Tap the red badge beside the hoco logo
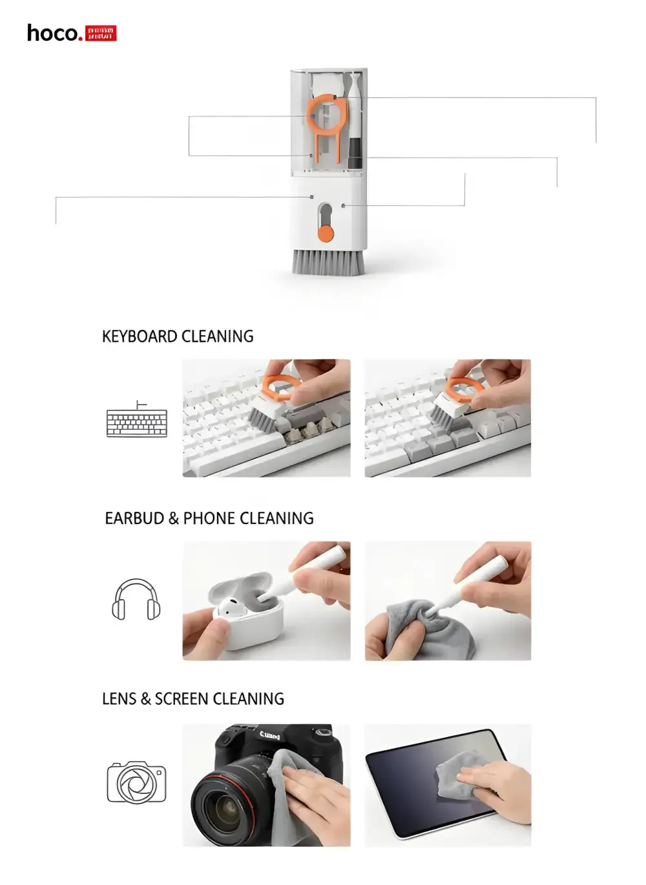[x=101, y=34]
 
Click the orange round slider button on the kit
[x=326, y=233]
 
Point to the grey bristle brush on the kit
[x=328, y=261]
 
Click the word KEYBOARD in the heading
[x=140, y=336]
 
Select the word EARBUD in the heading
[x=134, y=518]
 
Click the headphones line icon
[x=136, y=600]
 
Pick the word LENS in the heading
[x=119, y=699]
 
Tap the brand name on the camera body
[x=269, y=735]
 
